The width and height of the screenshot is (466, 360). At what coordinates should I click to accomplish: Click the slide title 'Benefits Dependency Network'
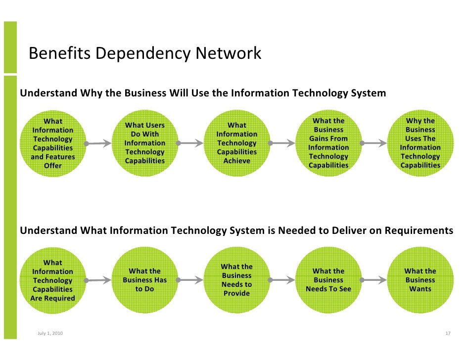point(145,53)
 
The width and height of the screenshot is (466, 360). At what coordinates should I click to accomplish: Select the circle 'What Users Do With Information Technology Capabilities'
point(145,143)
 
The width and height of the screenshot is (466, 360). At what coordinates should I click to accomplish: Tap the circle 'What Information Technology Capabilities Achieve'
point(237,143)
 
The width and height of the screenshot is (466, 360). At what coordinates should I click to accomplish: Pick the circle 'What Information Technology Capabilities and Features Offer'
point(53,143)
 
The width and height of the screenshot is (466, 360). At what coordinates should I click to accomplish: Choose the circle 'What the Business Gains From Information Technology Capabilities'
point(328,143)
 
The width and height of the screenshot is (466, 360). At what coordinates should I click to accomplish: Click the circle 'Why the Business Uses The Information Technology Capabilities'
point(420,143)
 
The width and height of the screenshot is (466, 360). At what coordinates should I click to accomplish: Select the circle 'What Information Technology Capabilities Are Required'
point(53,280)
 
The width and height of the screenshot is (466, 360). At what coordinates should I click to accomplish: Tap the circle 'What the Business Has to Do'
point(145,280)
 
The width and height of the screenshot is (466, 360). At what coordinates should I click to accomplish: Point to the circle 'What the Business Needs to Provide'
point(237,280)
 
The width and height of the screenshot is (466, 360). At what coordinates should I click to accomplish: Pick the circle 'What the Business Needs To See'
point(328,280)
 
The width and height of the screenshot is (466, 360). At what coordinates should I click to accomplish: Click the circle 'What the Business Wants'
point(420,280)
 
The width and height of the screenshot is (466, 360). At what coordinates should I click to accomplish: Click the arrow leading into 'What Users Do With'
point(99,144)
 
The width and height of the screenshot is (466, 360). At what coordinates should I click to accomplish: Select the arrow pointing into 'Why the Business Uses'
point(374,143)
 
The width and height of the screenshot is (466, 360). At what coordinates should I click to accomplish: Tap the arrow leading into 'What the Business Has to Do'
point(99,280)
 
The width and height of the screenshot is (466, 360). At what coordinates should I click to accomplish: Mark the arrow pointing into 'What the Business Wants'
point(374,280)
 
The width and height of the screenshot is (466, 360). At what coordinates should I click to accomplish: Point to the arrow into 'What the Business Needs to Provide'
point(191,280)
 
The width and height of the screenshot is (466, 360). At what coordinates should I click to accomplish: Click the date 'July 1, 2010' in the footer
point(50,333)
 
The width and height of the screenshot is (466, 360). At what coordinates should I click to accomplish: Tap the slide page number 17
point(448,333)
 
